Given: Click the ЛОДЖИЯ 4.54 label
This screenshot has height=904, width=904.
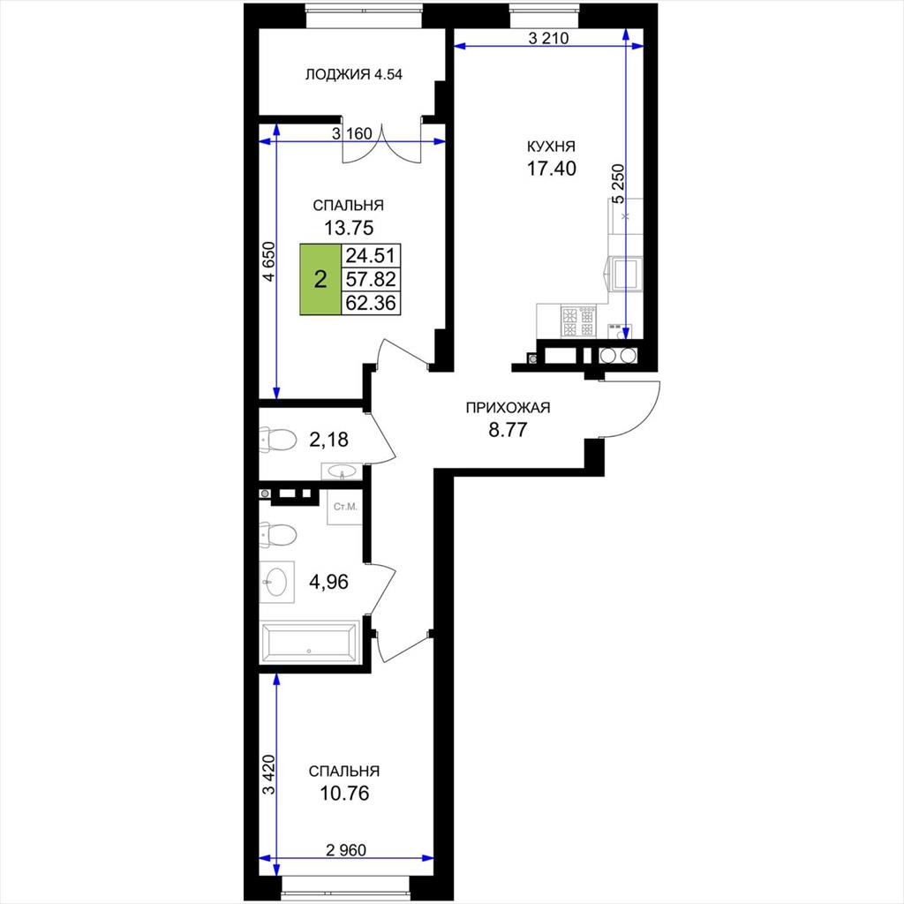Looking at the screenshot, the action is [353, 74].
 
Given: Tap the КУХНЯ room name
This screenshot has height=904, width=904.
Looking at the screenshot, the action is [551, 147].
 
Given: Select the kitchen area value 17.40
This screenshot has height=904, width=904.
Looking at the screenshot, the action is [551, 169].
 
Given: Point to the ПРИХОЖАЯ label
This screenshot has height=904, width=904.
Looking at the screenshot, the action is [508, 408].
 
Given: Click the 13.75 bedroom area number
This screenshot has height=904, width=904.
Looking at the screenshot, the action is [348, 228].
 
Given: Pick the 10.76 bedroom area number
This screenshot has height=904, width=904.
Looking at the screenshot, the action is [344, 794].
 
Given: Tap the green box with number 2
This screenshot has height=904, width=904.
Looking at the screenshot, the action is [320, 279].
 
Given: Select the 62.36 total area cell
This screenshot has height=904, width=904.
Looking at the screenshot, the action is [371, 303].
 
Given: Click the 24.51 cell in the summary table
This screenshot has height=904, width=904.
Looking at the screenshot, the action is [371, 255].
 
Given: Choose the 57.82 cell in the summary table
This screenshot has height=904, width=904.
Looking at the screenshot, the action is [371, 279].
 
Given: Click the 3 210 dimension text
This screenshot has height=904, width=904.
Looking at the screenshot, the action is [548, 38].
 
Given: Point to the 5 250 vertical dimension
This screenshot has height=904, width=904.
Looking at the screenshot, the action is [618, 184].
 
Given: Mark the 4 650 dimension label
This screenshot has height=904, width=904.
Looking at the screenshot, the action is [269, 261].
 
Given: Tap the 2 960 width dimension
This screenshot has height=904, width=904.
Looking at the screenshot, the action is [346, 850].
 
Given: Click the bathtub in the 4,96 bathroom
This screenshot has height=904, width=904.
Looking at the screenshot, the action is [310, 642].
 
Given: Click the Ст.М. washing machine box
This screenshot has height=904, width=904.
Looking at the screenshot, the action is [345, 508].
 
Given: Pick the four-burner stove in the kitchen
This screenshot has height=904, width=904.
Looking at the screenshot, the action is [578, 321].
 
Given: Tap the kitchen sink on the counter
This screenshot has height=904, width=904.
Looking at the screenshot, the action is [625, 274].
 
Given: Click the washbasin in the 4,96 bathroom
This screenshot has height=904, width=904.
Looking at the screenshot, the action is [277, 582].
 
